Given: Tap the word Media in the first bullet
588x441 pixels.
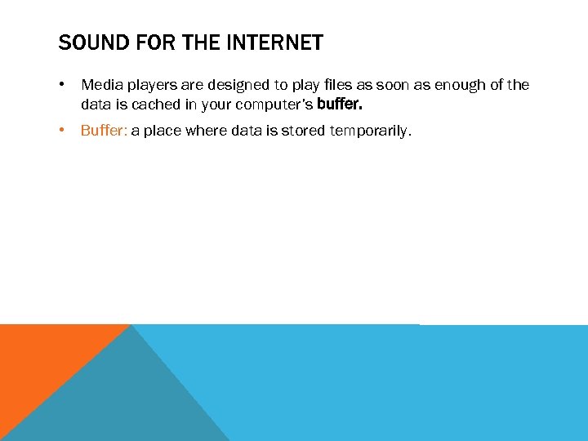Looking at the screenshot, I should tap(99, 85).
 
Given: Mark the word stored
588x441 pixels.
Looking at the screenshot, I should tap(299, 131).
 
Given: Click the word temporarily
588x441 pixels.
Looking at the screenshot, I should tap(371, 131).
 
